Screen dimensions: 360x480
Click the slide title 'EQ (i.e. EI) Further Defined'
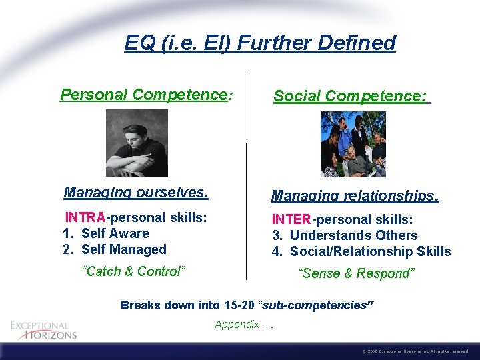point(260,43)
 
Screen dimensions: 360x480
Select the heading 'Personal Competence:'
point(146,95)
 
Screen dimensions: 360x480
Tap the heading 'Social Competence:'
point(351,97)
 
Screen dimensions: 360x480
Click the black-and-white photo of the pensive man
point(137,143)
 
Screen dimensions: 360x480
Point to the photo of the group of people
point(353,144)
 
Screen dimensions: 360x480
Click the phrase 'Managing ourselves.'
point(136,193)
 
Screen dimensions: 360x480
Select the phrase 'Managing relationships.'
point(355,196)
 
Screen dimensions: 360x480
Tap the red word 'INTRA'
point(85,217)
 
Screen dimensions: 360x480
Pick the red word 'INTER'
point(291,219)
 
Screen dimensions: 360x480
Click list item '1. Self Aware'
point(106,233)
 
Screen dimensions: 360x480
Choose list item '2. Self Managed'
point(114,249)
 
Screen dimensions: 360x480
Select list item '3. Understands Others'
point(345,235)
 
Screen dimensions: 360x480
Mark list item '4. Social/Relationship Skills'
point(361,251)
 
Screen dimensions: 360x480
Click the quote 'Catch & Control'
point(133,271)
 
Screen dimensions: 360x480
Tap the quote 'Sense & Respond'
point(357,273)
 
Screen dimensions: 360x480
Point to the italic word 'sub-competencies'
point(316,305)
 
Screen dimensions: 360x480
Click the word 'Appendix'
point(237,325)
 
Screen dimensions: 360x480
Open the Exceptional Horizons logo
point(43,330)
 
